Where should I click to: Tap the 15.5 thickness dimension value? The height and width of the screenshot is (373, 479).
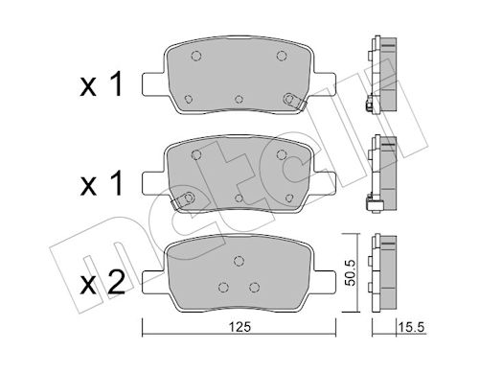411,327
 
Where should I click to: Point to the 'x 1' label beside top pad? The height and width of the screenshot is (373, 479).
102,84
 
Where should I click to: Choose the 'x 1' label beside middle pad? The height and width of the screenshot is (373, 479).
102,183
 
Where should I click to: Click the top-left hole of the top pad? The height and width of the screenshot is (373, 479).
196,56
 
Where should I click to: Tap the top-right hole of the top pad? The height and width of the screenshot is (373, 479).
282,56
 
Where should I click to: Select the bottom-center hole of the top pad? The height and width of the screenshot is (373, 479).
239,99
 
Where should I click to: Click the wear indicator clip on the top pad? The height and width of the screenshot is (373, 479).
295,101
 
